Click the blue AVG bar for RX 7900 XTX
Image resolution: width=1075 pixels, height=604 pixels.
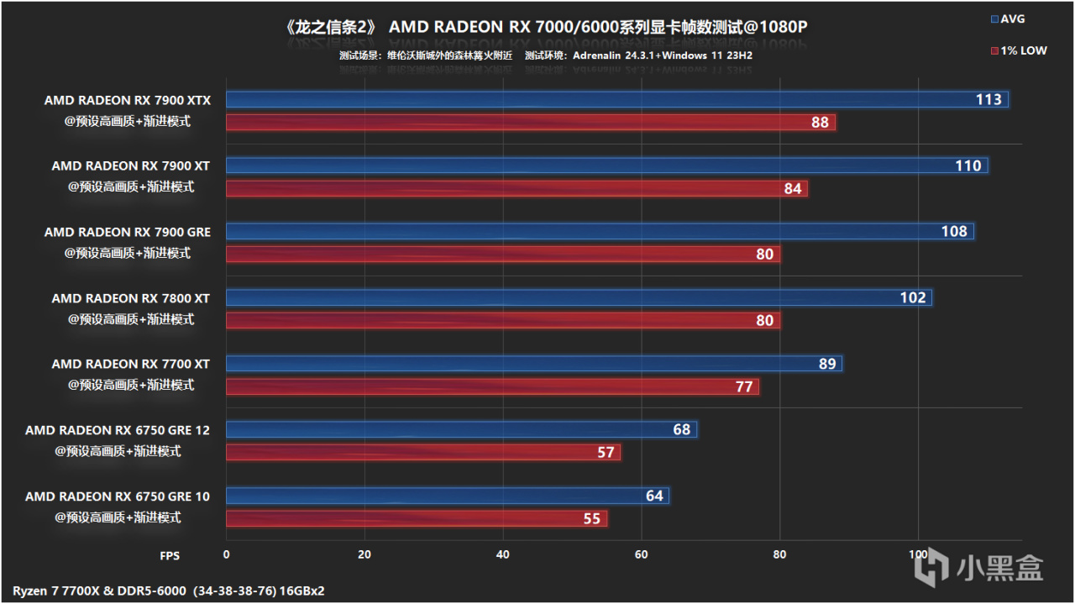click(617, 100)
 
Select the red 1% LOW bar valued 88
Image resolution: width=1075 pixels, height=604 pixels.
click(531, 123)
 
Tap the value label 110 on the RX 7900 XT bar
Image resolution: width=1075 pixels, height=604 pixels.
click(967, 165)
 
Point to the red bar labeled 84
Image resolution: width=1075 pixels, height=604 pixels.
click(517, 189)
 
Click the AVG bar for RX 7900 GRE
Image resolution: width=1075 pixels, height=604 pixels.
click(600, 231)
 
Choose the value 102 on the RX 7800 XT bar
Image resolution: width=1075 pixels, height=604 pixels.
click(912, 297)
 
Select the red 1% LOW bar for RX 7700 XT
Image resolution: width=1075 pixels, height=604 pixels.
click(492, 386)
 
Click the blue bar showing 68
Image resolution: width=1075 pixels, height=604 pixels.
click(461, 430)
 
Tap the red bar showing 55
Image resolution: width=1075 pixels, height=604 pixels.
click(416, 518)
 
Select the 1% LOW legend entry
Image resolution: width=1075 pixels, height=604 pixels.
click(1018, 50)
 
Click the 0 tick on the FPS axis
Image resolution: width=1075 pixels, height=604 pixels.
click(226, 554)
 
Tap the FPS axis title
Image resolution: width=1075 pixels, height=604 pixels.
click(170, 555)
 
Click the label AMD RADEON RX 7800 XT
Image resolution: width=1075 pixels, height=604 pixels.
click(130, 298)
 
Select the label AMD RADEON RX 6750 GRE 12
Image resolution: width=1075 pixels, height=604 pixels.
click(118, 430)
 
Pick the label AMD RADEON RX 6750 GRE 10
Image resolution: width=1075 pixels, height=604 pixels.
click(118, 496)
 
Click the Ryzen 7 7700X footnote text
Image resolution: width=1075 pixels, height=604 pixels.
click(168, 591)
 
